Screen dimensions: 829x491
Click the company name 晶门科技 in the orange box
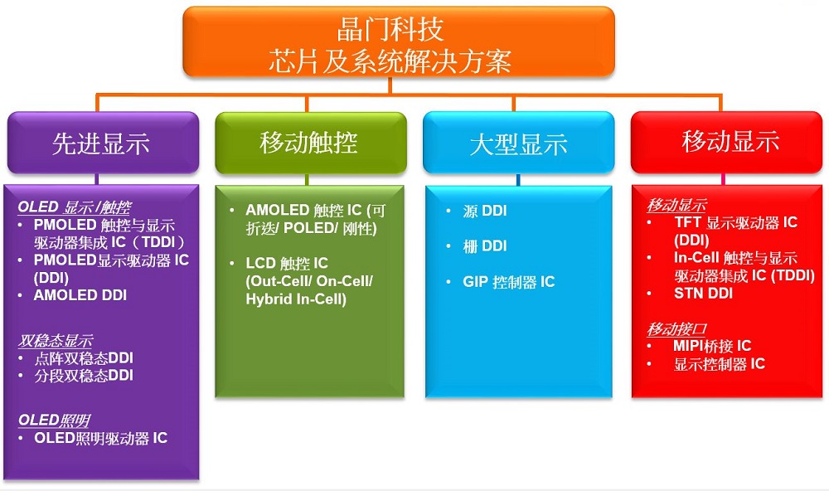pos(390,30)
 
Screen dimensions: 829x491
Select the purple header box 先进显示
pos(103,143)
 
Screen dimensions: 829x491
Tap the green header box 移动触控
pos(311,143)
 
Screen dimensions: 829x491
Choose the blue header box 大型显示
pos(519,143)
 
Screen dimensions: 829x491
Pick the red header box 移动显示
pos(727,143)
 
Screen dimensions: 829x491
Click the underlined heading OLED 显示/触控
pos(75,207)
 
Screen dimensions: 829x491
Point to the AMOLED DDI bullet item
pos(80,295)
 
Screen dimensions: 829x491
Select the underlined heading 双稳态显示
pos(56,340)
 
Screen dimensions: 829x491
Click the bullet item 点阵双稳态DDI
pos(84,358)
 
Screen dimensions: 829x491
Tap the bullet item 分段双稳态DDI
pos(84,376)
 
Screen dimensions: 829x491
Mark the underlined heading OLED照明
pos(54,421)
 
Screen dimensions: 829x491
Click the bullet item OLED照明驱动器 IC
pos(101,438)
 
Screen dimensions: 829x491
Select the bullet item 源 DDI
pos(485,211)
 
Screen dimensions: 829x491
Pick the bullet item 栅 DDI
pos(485,246)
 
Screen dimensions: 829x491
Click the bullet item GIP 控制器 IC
pos(509,282)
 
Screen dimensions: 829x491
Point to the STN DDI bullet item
pos(703,293)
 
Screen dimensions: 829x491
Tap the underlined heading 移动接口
pos(676,329)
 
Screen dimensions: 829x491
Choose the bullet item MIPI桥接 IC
pos(712,346)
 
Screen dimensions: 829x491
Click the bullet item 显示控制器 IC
pos(719,364)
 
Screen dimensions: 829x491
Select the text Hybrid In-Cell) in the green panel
pos(296,299)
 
